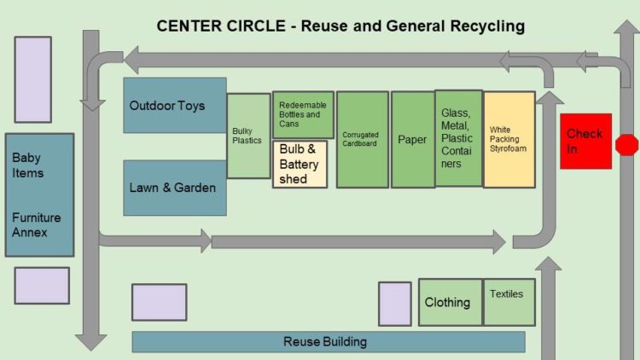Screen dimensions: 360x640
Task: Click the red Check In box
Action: [x=585, y=141]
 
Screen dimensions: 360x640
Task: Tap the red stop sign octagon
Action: [x=626, y=144]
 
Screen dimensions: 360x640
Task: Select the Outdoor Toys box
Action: [x=175, y=106]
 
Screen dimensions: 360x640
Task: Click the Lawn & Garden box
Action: [x=175, y=188]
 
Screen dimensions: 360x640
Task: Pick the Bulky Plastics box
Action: [x=248, y=136]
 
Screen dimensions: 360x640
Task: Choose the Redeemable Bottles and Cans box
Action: [x=303, y=114]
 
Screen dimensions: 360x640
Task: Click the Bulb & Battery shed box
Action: [x=300, y=164]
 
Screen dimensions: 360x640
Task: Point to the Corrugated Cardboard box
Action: [x=362, y=139]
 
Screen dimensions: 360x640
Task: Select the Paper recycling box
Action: [x=412, y=139]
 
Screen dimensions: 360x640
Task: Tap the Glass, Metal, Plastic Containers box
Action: [x=458, y=138]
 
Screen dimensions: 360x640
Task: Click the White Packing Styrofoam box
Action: [x=509, y=140]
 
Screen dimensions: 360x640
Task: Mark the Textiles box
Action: [x=509, y=302]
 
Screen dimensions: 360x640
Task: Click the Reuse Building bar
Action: [x=328, y=342]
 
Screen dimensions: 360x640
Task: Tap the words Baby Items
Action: [x=28, y=165]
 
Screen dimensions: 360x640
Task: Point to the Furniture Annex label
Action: [x=37, y=224]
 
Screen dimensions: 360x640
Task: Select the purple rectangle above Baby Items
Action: [x=32, y=79]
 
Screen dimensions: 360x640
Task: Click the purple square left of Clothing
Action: [x=394, y=304]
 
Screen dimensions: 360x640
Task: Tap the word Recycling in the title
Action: [x=485, y=26]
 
